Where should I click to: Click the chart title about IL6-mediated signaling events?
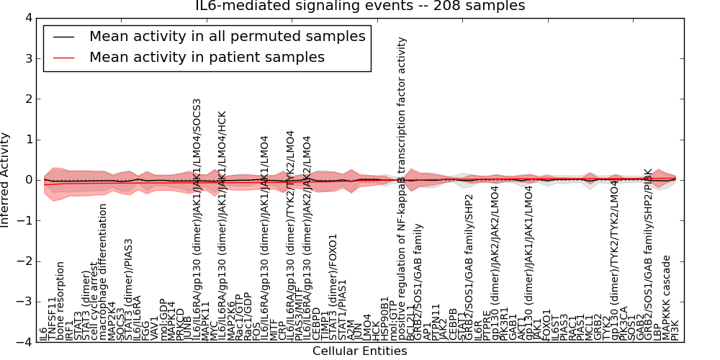point(360,6)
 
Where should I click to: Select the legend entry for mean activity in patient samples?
point(207,58)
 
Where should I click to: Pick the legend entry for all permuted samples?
point(227,36)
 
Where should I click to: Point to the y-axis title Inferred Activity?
point(6,180)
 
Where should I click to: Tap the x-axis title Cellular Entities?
point(359,351)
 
